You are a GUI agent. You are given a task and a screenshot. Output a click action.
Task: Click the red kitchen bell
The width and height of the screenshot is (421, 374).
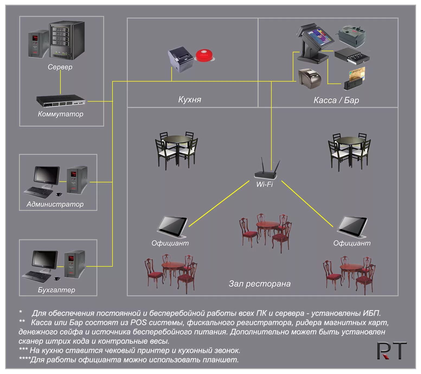point(205,55)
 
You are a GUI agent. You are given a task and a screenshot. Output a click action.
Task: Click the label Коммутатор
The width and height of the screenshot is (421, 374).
point(60,114)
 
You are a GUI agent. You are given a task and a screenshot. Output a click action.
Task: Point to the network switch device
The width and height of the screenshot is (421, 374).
point(61,101)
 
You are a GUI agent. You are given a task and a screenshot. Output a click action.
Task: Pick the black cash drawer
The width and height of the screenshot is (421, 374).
point(352,56)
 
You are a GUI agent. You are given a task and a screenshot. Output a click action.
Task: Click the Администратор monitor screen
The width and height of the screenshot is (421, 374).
point(46,175)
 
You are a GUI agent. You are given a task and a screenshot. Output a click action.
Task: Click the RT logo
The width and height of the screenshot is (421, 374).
point(392,351)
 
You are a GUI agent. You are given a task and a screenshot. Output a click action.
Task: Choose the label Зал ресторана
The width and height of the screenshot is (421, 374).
point(259,284)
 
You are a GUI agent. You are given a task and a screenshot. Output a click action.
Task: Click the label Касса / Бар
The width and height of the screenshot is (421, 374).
point(336,100)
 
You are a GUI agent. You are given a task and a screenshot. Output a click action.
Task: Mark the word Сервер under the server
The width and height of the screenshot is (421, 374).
point(60,67)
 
